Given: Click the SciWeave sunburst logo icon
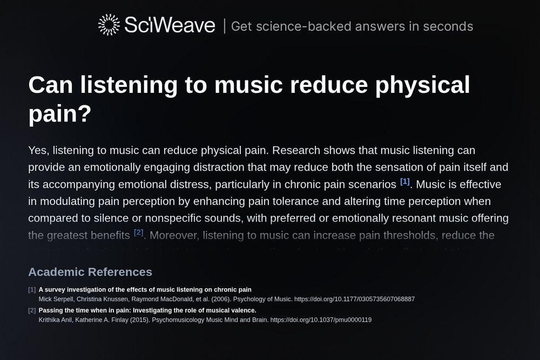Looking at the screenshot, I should point(109,25).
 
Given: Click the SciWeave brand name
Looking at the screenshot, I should point(170,25).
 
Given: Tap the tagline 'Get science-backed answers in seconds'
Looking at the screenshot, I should point(352,26).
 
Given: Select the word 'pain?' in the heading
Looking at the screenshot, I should point(60,114).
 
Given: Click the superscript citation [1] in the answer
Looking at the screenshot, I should point(405,181).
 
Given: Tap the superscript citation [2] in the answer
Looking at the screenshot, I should point(139,233).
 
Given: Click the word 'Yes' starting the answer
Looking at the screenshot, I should point(37,150).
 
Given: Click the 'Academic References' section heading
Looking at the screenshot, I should point(90,272).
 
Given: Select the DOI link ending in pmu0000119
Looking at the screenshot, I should point(321,320).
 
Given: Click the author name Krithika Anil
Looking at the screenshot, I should point(57,320).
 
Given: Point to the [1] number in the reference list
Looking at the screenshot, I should point(32,290).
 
